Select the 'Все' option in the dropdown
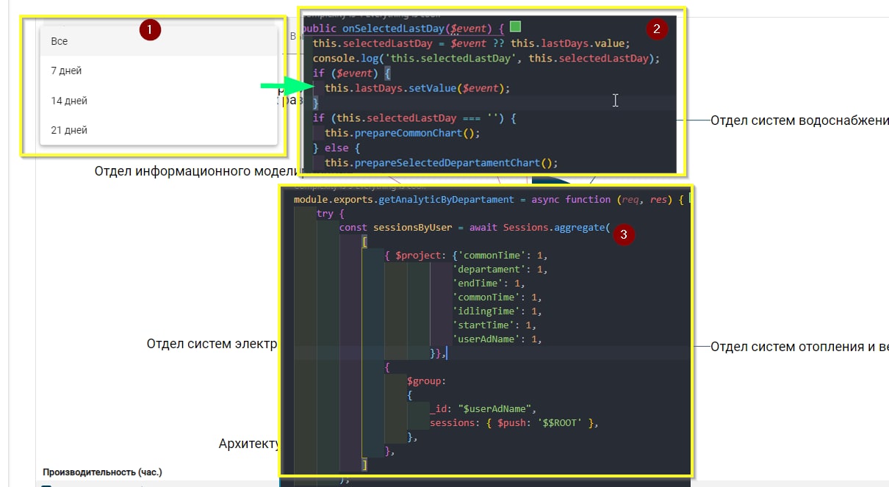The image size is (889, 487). click(x=60, y=42)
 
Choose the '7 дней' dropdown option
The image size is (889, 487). click(x=66, y=71)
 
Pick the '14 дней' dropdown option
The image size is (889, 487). click(x=69, y=101)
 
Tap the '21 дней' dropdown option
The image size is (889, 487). click(x=69, y=130)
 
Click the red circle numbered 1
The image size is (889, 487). click(x=150, y=30)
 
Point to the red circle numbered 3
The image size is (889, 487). click(x=624, y=235)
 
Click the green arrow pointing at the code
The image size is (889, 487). click(x=284, y=87)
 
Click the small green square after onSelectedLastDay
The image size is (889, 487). click(x=515, y=27)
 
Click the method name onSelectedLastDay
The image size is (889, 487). click(x=393, y=29)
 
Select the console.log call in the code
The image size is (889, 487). click(x=342, y=58)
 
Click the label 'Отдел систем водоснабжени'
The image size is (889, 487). click(x=799, y=120)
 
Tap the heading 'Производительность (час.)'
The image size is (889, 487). click(x=102, y=472)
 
